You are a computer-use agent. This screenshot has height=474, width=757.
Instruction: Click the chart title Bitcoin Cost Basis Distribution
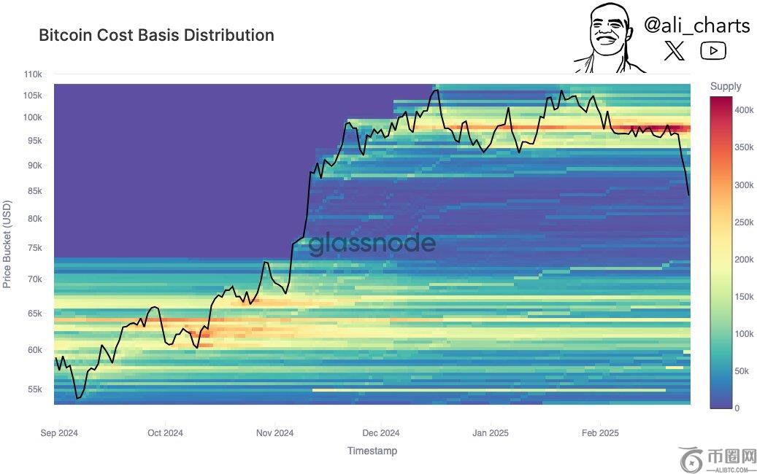coord(156,35)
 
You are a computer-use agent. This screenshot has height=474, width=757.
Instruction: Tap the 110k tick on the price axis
coord(33,74)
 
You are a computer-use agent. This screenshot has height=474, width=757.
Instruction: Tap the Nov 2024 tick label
coord(274,432)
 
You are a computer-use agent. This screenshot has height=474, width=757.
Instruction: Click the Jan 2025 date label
coord(491,432)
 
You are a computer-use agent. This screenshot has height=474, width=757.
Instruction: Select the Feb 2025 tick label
coord(599,432)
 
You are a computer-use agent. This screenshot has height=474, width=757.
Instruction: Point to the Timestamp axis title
coord(372,451)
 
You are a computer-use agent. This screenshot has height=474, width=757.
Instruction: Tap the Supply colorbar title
coord(726,86)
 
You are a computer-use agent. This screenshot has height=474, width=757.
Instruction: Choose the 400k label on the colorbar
coord(744,109)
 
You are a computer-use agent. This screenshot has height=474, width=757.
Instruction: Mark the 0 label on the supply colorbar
coord(737,408)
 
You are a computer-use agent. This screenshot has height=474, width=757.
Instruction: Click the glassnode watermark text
coord(372,244)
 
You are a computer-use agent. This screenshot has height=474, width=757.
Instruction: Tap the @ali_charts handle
coord(696,26)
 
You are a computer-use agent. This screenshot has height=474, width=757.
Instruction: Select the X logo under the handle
coord(675,50)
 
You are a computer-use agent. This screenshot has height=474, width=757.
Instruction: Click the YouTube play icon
coord(712,50)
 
